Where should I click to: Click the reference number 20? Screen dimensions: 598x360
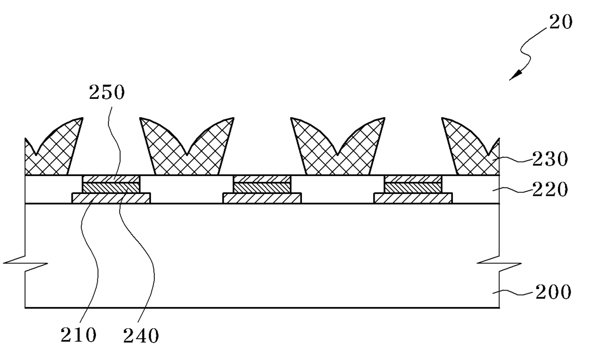(x=560, y=22)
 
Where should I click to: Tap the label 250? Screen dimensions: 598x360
(x=107, y=92)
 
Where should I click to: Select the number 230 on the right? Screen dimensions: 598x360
(x=550, y=159)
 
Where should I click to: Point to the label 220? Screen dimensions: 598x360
(x=550, y=189)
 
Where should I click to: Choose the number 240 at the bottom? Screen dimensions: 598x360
(x=141, y=335)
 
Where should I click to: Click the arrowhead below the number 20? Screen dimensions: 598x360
(x=516, y=75)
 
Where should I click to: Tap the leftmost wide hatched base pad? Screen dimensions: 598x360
(x=111, y=198)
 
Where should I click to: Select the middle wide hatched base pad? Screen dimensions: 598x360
(x=262, y=198)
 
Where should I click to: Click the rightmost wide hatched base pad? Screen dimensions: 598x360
(x=413, y=198)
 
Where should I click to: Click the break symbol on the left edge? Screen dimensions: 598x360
(x=25, y=263)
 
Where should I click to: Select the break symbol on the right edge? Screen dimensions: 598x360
(x=499, y=263)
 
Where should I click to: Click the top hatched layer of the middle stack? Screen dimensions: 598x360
(x=262, y=179)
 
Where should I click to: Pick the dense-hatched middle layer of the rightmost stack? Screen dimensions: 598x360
(x=413, y=188)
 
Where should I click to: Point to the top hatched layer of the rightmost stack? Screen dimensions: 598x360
(x=413, y=179)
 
